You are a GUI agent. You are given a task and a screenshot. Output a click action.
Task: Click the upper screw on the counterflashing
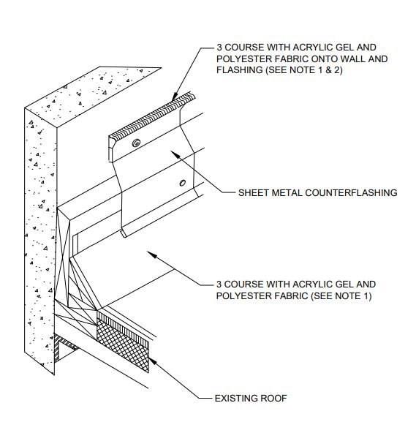pos(136,143)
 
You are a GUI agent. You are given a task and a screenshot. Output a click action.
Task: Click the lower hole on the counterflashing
pos(183,183)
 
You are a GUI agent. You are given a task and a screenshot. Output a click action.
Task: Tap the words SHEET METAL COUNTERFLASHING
pos(318,192)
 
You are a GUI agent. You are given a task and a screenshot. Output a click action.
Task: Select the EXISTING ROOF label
pos(251,398)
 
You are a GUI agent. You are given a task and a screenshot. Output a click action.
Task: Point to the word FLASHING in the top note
pos(240,70)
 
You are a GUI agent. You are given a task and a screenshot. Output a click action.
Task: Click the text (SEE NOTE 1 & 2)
pos(304,70)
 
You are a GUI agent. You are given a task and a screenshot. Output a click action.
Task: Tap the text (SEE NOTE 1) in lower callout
pos(341,295)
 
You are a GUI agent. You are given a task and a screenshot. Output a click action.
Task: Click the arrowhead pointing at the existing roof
pos(152,361)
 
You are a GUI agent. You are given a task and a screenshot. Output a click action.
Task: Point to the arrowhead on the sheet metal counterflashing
pos(175,154)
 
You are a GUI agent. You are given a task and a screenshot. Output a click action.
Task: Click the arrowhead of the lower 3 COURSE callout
pos(152,254)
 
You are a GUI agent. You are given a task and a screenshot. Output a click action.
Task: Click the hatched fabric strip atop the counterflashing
pos(152,116)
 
